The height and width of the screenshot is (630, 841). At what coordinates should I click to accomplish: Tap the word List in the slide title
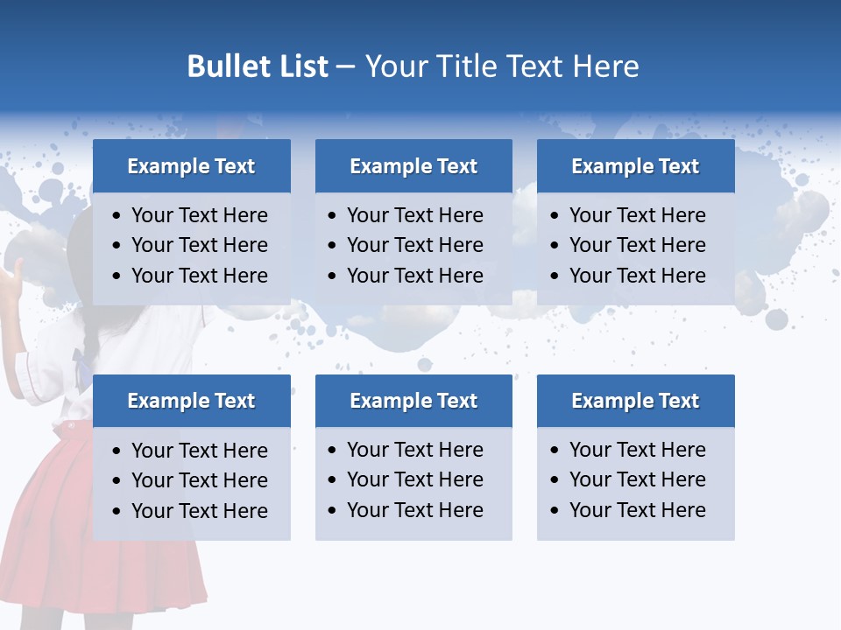click(300, 66)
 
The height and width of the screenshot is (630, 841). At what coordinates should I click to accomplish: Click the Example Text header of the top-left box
click(191, 166)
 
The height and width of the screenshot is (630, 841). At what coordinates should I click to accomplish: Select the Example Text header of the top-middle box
click(413, 166)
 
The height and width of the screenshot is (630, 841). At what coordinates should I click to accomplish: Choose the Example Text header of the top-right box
click(635, 166)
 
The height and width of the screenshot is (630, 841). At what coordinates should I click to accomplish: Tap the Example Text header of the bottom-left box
click(191, 401)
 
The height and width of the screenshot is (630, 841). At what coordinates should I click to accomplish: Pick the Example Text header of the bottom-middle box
click(413, 401)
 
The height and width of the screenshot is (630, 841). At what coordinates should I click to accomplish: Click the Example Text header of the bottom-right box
click(635, 401)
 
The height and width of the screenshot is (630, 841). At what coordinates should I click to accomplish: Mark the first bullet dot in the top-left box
click(117, 216)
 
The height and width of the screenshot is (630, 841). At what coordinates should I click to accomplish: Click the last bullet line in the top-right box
click(637, 276)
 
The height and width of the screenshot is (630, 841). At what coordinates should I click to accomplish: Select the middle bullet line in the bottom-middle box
click(414, 479)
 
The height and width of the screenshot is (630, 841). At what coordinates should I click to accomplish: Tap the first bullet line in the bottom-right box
click(637, 450)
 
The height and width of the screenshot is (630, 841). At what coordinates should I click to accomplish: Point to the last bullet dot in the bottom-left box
click(117, 512)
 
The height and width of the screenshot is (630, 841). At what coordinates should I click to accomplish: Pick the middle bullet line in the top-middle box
click(414, 245)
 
